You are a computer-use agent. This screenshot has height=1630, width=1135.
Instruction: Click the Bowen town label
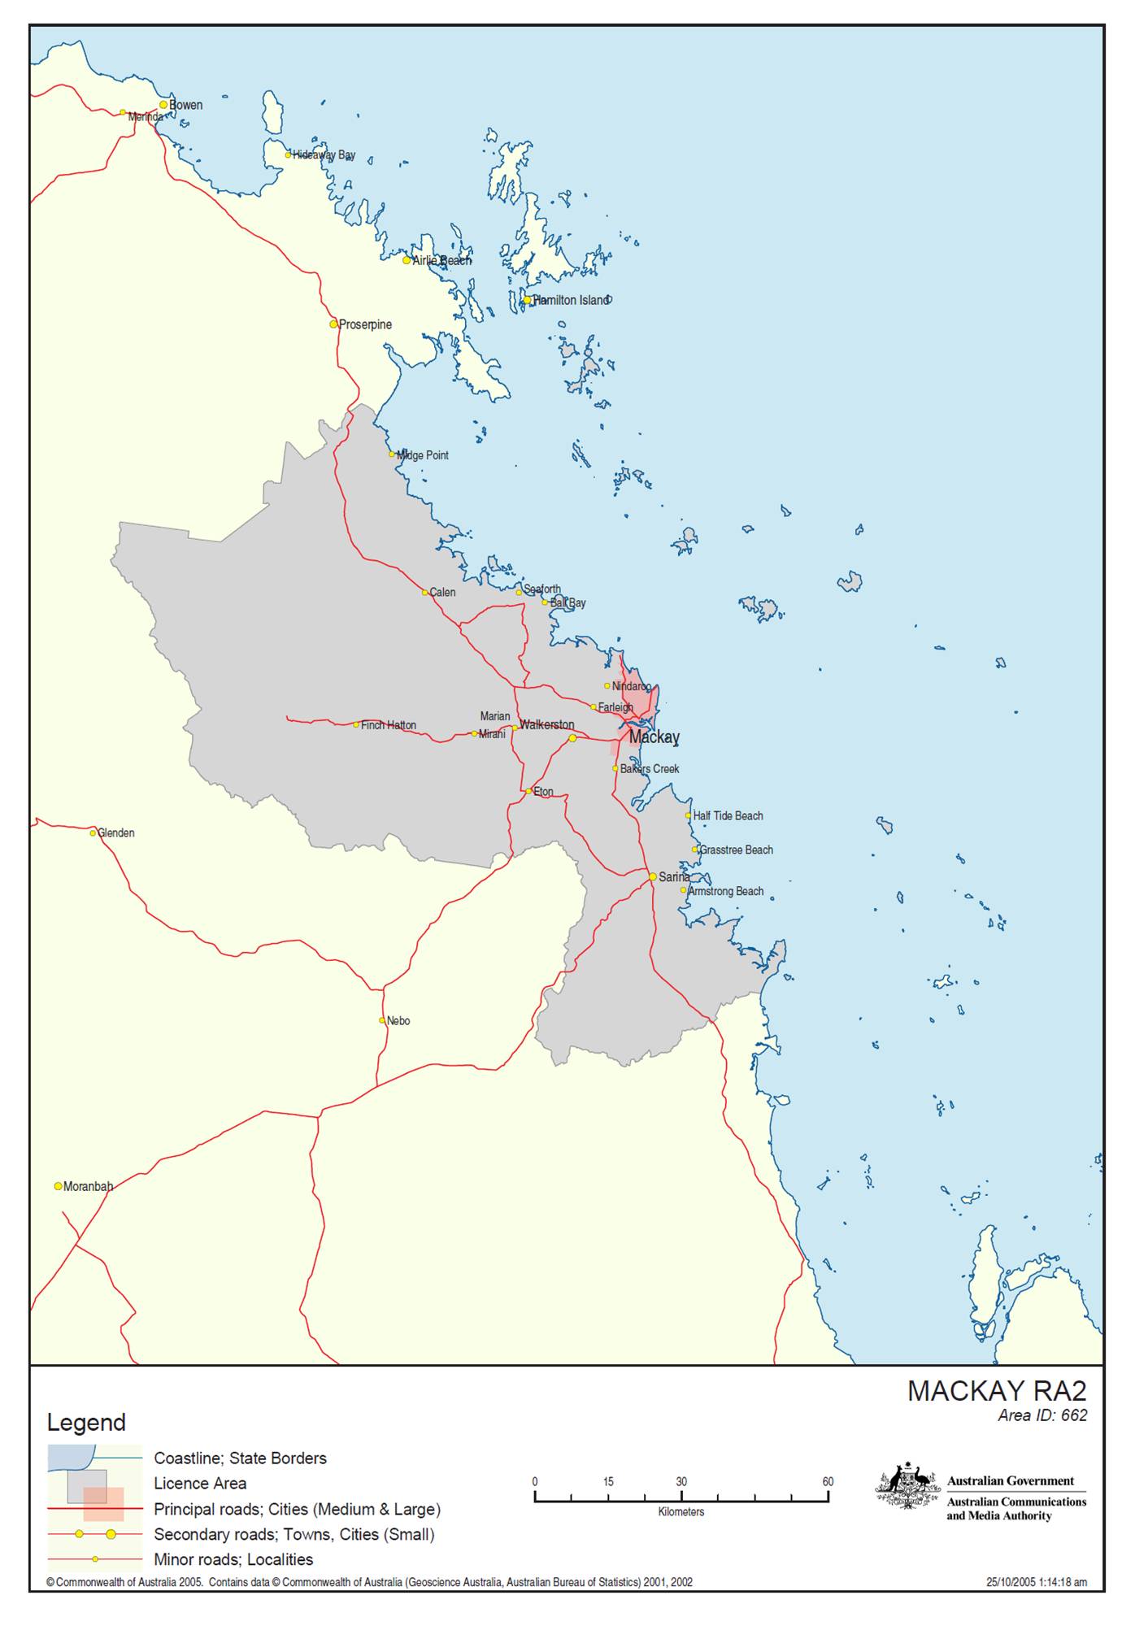coord(185,105)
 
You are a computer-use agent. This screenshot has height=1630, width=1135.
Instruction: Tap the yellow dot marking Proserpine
coord(333,324)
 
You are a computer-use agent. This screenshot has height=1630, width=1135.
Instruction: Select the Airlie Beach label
coord(441,260)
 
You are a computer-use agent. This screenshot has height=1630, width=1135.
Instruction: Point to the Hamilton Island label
coord(571,300)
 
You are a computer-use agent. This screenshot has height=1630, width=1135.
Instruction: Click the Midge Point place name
coord(423,455)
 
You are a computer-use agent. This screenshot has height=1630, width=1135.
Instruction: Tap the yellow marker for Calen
coord(425,593)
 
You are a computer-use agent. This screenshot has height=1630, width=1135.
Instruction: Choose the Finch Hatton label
coord(389,725)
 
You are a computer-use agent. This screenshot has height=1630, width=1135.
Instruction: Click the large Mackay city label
coord(654,737)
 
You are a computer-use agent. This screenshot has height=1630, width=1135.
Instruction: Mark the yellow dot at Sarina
coord(653,876)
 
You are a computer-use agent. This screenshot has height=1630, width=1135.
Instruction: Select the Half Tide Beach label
coord(728,815)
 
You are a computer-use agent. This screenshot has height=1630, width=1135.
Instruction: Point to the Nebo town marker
coord(382,1020)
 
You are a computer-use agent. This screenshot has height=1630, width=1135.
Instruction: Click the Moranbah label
coord(88,1186)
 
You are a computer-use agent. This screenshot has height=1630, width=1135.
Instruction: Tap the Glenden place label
coord(116,832)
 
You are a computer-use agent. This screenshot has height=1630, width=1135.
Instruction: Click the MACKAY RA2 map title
coord(997,1391)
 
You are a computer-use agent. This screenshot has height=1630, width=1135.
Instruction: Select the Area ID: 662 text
coord(1042,1415)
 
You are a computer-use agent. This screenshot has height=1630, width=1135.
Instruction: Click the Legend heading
coord(86,1423)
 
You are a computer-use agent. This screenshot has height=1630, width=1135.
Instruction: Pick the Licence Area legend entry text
coord(200,1484)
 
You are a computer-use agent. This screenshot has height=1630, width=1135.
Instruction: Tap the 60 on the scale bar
coord(828,1481)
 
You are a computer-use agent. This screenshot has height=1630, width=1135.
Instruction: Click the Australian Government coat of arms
coord(907,1487)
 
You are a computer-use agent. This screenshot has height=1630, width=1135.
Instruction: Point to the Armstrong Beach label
coord(726,891)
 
